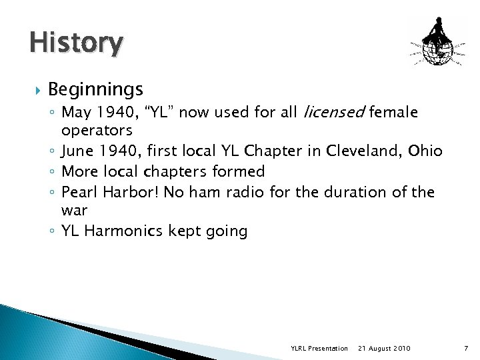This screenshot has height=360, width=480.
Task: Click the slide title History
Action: (76, 43)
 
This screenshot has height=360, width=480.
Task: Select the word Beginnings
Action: (95, 89)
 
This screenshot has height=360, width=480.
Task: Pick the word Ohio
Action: (425, 150)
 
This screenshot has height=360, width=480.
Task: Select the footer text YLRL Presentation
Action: (319, 348)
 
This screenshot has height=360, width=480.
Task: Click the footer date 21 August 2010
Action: (384, 348)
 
